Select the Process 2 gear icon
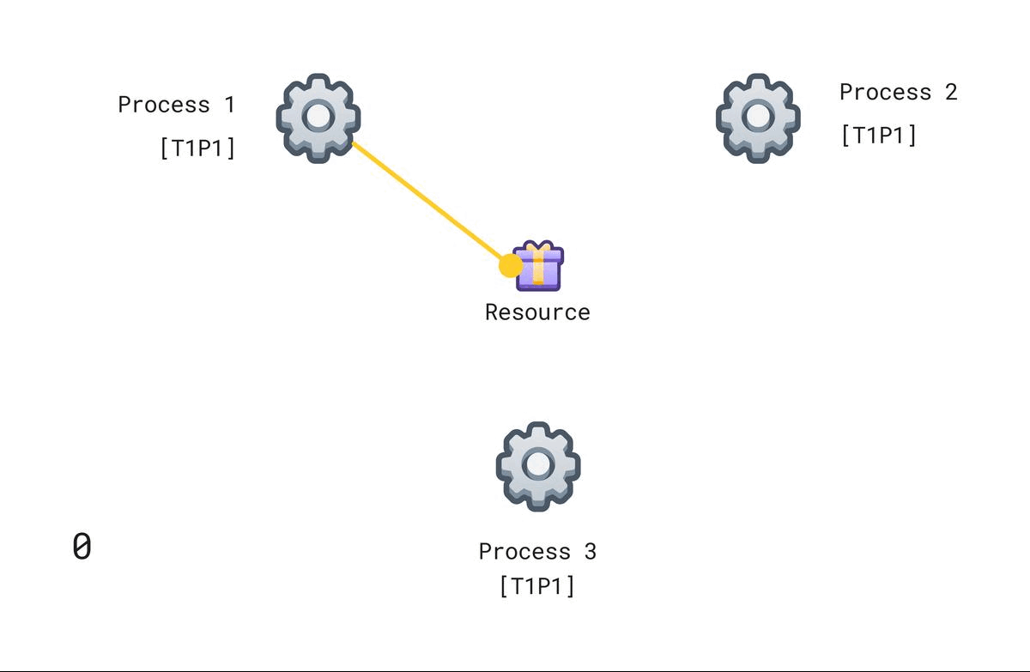tap(758, 118)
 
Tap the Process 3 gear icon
tap(538, 466)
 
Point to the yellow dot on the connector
tap(511, 265)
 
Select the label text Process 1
tap(176, 105)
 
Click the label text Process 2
tap(898, 92)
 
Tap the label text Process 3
tap(537, 551)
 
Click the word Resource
tap(537, 312)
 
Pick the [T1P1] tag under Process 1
tap(197, 148)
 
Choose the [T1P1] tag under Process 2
tap(879, 135)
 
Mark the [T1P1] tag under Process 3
tap(537, 586)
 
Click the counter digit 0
tap(82, 547)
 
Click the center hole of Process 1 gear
tap(318, 117)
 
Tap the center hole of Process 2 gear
tap(758, 117)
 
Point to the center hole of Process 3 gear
tap(538, 465)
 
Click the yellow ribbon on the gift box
tap(538, 263)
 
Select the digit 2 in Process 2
tap(950, 92)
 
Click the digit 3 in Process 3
tap(590, 551)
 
